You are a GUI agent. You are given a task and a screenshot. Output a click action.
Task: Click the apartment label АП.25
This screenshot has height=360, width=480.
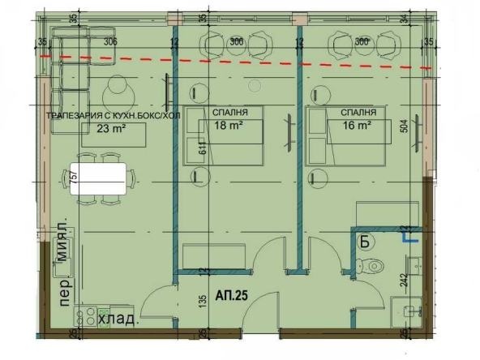231,297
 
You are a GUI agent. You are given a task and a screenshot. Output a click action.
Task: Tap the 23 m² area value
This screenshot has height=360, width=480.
110,126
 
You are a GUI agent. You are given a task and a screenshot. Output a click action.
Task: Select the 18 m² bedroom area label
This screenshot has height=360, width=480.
228,125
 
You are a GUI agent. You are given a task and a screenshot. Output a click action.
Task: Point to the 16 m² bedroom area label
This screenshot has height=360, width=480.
357,125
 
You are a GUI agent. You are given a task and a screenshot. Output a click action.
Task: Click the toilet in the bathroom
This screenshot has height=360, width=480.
375,264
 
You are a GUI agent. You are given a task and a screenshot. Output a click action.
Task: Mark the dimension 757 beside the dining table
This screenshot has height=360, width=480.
74,181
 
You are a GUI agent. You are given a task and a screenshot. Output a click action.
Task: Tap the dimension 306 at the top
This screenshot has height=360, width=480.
111,41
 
